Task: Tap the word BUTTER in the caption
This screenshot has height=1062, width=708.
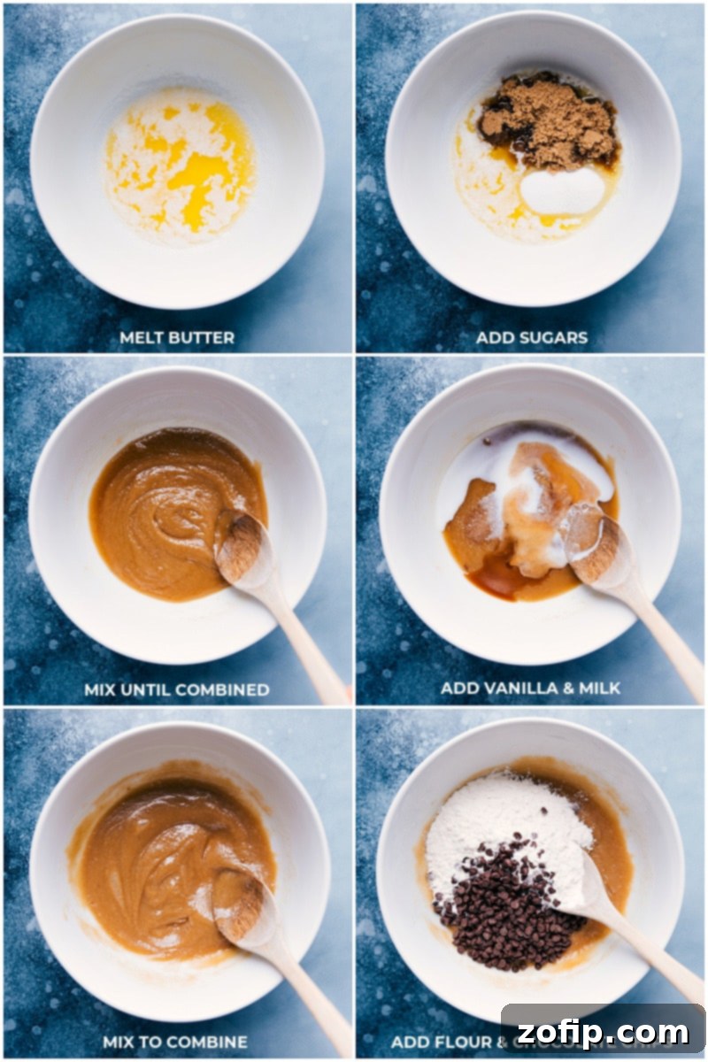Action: pos(201,337)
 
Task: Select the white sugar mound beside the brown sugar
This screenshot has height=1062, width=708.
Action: pos(562,190)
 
